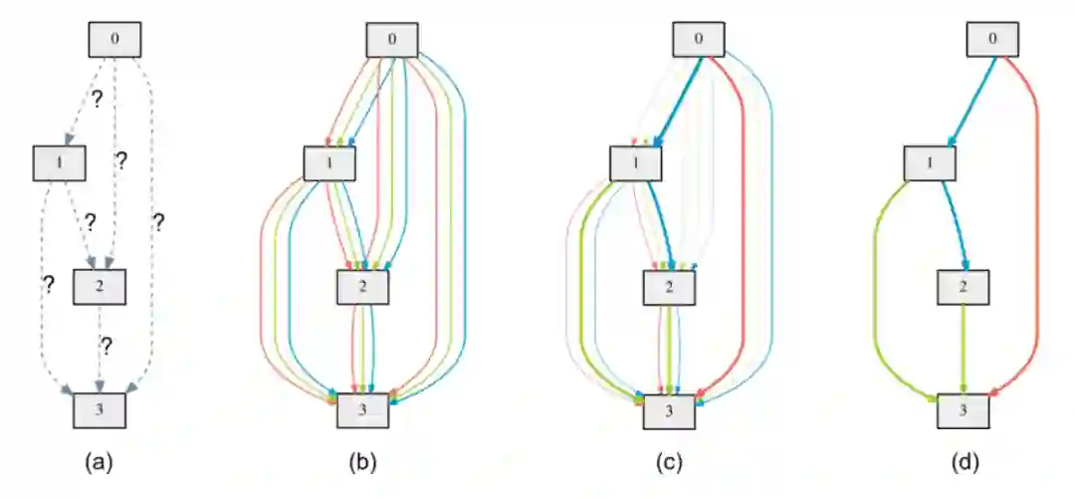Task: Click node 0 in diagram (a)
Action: point(115,40)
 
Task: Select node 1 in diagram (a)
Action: point(60,163)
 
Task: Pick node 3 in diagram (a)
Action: point(101,410)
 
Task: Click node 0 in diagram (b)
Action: point(393,40)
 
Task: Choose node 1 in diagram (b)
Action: point(329,163)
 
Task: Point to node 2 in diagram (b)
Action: point(362,287)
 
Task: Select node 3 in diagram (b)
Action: point(362,410)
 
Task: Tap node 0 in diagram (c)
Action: point(699,40)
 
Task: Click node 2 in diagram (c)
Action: point(668,287)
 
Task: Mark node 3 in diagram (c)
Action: point(668,410)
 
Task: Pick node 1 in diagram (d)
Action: point(931,163)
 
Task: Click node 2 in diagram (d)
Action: point(964,287)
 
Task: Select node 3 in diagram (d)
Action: point(964,410)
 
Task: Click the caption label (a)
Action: point(100,462)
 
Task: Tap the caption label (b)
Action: point(362,462)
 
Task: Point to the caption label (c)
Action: point(668,462)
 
